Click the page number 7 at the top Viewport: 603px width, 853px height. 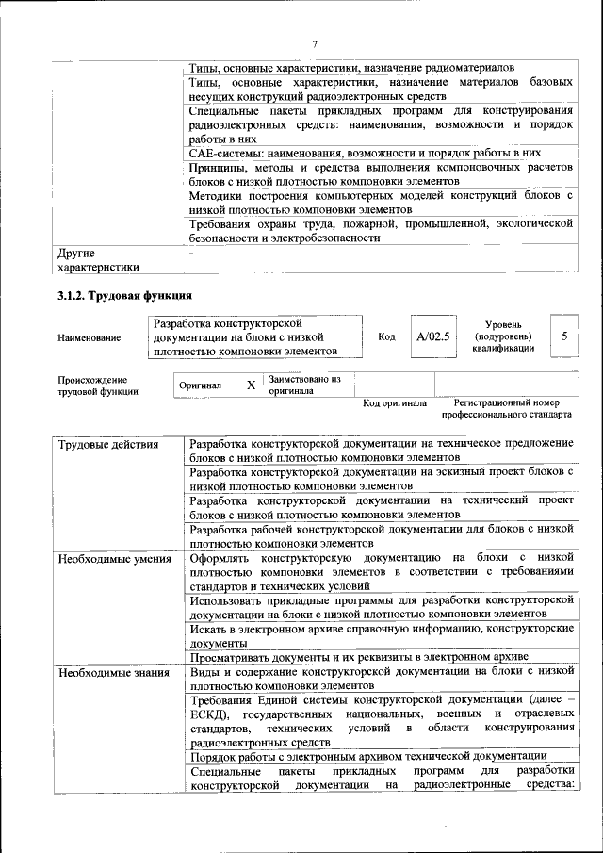coord(315,44)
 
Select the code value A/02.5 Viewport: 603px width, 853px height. coord(433,336)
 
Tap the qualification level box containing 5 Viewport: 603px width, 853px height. coord(563,336)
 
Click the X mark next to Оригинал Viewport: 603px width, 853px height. coord(250,385)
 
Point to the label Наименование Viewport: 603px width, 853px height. coord(89,337)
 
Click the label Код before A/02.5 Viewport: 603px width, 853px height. coord(386,336)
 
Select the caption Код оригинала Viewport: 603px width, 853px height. coord(395,403)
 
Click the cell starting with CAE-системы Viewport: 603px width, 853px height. coord(365,152)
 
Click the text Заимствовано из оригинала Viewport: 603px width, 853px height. coord(304,385)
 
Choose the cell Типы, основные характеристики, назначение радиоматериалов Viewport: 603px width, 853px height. coord(351,69)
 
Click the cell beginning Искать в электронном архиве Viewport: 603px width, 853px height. coord(382,633)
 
